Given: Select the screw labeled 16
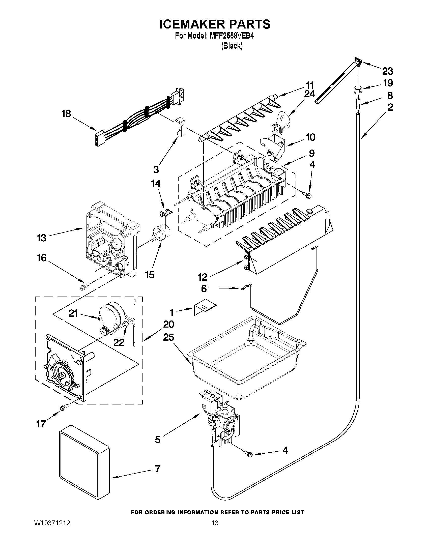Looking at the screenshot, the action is pos(84,287).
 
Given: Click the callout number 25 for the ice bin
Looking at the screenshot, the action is pos(168,337).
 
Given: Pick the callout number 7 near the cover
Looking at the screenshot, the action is pos(158,469).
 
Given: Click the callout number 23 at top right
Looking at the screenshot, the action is pos(388,71).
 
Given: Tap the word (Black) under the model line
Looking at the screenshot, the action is pos(232,46).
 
